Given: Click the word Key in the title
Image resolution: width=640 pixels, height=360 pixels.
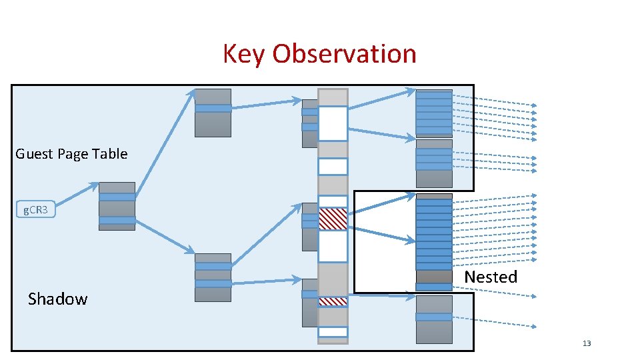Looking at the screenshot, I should (x=244, y=54).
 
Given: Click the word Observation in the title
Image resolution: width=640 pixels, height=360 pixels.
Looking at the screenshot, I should (x=344, y=54).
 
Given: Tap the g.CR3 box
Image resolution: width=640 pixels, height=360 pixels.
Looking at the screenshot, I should (x=35, y=210).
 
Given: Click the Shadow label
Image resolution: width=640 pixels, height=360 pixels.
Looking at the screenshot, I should (x=57, y=299).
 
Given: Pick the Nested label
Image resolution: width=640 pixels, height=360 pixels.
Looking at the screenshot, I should (x=490, y=277).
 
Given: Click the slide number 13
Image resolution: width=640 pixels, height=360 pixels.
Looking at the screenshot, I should (x=587, y=343).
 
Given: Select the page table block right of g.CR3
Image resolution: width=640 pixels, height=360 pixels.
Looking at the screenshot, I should (x=117, y=206).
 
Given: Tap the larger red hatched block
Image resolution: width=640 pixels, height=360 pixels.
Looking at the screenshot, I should (x=333, y=219).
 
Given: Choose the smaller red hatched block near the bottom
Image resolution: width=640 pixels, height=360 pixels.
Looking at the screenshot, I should (x=333, y=301).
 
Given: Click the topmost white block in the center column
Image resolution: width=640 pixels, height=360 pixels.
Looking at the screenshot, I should (x=333, y=123).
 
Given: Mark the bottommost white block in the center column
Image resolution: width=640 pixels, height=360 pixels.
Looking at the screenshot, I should (x=333, y=331).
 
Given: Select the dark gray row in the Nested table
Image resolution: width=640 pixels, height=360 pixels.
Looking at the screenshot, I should (x=434, y=276).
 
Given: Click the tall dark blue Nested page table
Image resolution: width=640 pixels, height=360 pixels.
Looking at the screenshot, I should (x=434, y=233).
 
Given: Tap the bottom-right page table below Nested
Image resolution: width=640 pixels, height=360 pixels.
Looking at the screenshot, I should (x=434, y=318).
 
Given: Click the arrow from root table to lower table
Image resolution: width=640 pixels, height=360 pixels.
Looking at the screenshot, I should (x=163, y=237).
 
